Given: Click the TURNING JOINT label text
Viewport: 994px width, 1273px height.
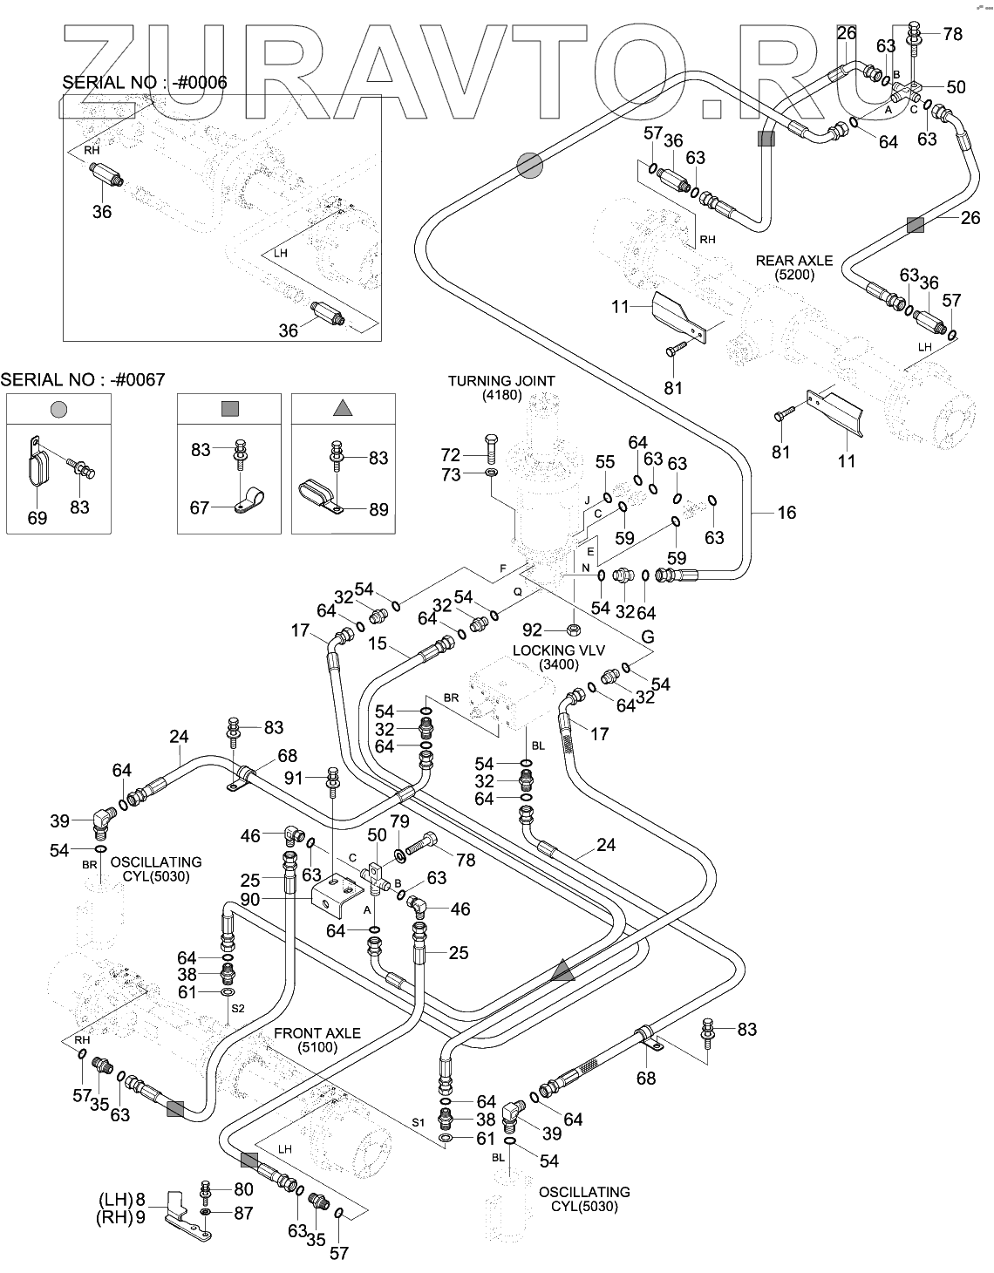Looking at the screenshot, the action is point(501,381).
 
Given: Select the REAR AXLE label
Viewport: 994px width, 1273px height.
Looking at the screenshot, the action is point(793,260).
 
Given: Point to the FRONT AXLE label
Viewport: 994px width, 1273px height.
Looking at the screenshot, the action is point(317,1033).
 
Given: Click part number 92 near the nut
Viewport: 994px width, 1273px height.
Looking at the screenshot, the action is point(533,630).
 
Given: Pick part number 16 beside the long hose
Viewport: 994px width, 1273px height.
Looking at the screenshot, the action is point(786,513).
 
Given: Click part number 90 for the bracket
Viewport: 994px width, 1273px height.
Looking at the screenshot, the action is point(250,899).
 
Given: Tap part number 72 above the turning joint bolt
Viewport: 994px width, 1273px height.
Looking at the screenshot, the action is point(451,455).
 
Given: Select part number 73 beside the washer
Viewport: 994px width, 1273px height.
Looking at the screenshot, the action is point(451,474).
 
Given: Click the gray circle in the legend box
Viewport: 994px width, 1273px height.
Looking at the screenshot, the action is point(59,409).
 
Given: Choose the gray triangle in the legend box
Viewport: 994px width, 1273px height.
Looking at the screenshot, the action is point(343,408).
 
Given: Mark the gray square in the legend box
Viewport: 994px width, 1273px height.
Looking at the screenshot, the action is point(230,409).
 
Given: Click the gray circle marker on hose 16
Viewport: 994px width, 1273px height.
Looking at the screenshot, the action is point(530,165).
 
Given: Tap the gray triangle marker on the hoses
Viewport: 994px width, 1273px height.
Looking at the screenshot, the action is point(563,970).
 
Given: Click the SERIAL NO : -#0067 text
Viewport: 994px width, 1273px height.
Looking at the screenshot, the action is point(83,379).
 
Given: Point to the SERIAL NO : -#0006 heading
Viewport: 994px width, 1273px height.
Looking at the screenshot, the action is point(145,83).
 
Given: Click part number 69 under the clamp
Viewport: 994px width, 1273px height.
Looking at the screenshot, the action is point(37,518).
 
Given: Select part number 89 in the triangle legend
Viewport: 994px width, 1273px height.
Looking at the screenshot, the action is point(379,509).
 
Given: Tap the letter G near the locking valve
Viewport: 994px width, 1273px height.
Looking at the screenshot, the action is point(648,636).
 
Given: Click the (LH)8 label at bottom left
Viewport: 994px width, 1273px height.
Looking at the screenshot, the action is point(122,1199).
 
